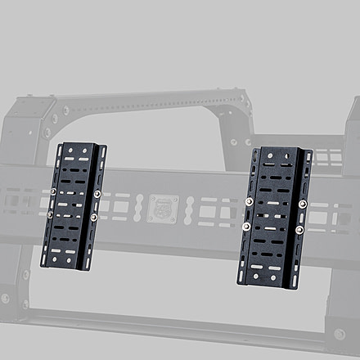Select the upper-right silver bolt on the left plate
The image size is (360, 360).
97,194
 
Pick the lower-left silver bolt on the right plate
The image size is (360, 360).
246,226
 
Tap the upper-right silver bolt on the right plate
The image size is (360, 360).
303,204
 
